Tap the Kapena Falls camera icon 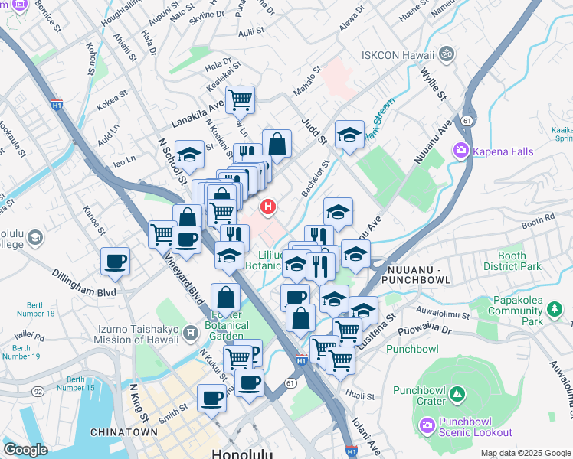click(462, 151)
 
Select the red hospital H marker click(268, 207)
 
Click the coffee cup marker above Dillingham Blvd click(116, 262)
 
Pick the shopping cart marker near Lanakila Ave click(241, 99)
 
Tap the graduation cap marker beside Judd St click(349, 135)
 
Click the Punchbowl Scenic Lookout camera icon click(427, 423)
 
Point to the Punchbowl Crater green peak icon click(457, 394)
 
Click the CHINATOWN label click(124, 432)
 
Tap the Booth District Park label click(512, 262)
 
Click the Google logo click(26, 450)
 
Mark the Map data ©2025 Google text click(525, 453)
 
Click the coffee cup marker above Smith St click(211, 398)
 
